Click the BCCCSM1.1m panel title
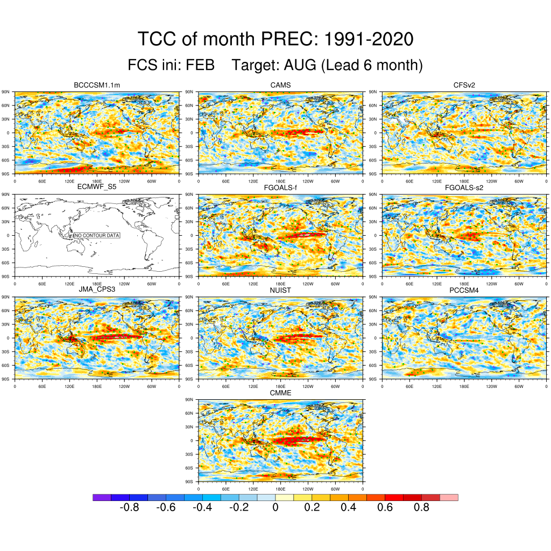pos(96,85)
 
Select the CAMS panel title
pos(280,85)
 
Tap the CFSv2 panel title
pos(464,85)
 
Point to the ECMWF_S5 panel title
pos(96,187)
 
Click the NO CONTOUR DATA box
pos(97,235)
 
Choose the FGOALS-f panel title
pos(280,187)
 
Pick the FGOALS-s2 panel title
pos(464,187)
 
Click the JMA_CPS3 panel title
pos(96,290)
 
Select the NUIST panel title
pos(280,290)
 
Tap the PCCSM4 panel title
pos(464,290)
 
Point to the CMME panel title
pos(280,393)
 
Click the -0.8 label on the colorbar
pos(129,507)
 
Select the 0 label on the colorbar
pos(275,507)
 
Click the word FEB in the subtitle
pos(200,66)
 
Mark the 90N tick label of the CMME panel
pos(189,400)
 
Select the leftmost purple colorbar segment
pos(102,497)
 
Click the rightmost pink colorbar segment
pos(449,497)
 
